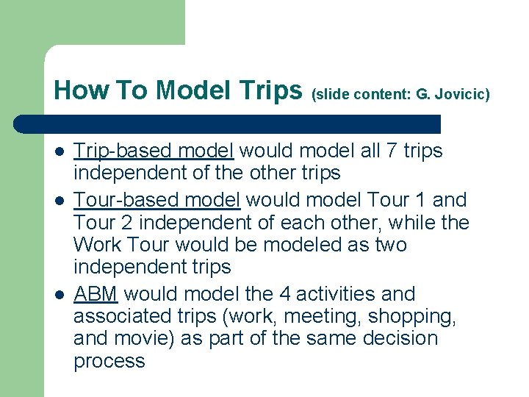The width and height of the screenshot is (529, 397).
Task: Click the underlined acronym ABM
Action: click(x=96, y=294)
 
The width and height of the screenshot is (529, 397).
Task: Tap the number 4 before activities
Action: click(x=285, y=294)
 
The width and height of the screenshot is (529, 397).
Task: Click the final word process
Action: click(x=109, y=361)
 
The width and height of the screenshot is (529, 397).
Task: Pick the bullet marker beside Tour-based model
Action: click(x=59, y=201)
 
